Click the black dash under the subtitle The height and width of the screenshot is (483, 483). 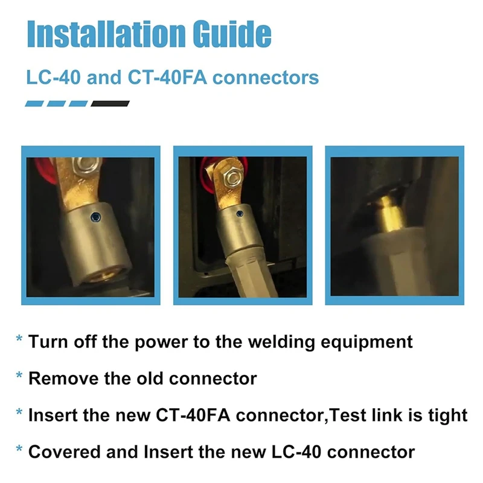click(110, 103)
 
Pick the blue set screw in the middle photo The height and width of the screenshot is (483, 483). click(240, 213)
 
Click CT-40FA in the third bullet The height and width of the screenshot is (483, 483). click(190, 415)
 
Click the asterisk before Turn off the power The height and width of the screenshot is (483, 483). click(19, 339)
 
